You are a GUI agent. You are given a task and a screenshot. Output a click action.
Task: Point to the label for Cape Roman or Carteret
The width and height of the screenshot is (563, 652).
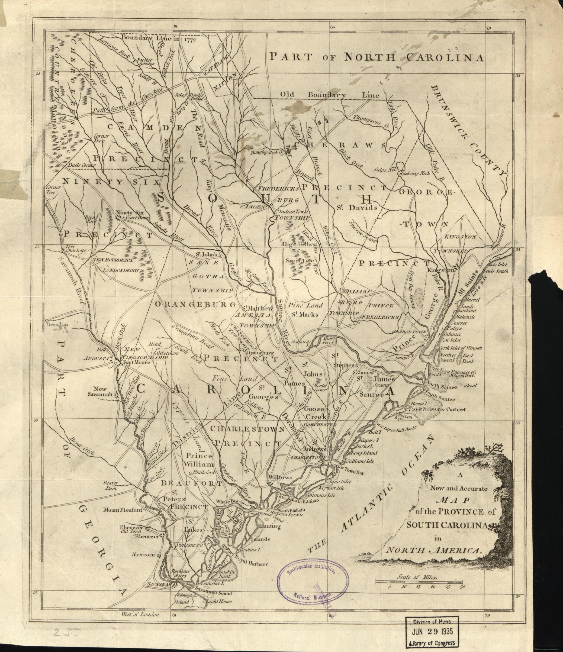coord(437,409)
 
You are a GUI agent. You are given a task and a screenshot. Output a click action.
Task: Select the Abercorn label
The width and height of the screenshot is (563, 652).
coord(143,554)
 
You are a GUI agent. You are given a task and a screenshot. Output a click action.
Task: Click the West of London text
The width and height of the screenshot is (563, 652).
coord(140,614)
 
